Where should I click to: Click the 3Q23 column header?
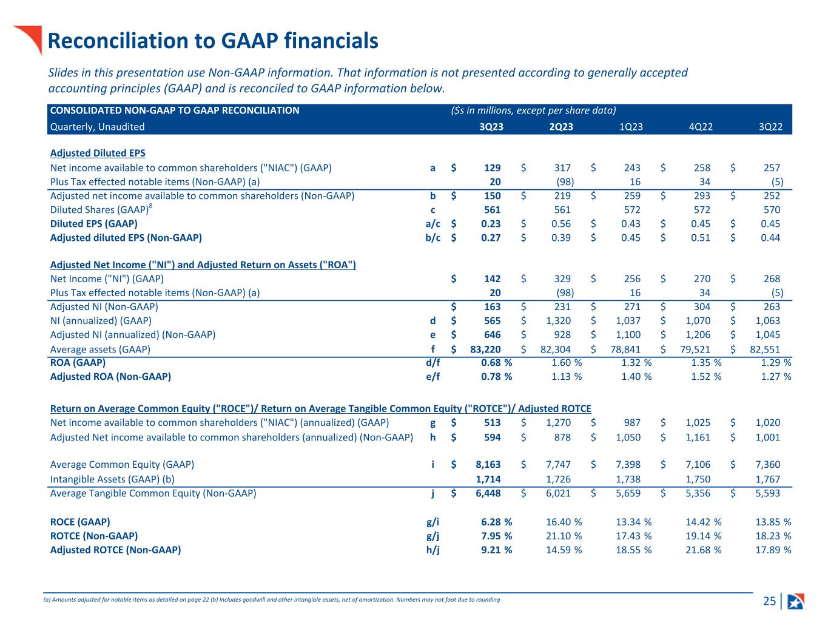[491, 127]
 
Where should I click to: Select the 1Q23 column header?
[631, 127]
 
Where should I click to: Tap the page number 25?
[769, 601]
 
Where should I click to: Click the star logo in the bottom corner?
[795, 601]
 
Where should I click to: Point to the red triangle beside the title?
[29, 38]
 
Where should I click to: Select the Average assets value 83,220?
[485, 349]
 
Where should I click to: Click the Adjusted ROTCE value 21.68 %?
[704, 550]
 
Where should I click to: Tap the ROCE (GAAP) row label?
[80, 522]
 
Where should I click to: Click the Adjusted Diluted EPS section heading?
[98, 153]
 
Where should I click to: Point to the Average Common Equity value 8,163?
[488, 464]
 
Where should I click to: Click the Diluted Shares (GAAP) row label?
[99, 210]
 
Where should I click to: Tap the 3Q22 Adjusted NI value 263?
[772, 306]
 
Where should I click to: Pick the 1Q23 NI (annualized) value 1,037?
[628, 320]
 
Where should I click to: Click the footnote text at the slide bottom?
[272, 599]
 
